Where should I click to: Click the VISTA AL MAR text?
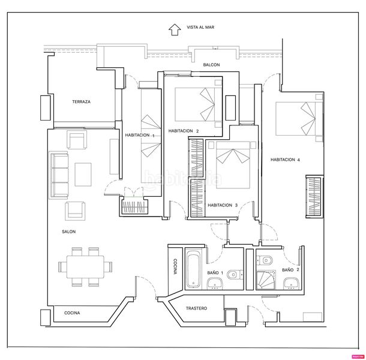coord(201,27)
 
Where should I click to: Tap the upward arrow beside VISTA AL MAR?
coord(175,28)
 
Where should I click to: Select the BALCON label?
coord(211,64)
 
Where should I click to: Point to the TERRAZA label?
coord(81,102)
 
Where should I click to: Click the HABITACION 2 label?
coord(184,131)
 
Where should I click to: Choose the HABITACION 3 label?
coord(223,205)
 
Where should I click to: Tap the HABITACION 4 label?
coord(285,160)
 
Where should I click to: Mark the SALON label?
coord(68,232)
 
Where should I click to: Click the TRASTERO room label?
coord(196,308)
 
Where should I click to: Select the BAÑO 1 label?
coord(215,273)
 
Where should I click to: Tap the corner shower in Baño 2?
coord(268,279)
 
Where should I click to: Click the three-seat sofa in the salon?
coord(59,175)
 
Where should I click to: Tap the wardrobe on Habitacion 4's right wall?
coord(313,197)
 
